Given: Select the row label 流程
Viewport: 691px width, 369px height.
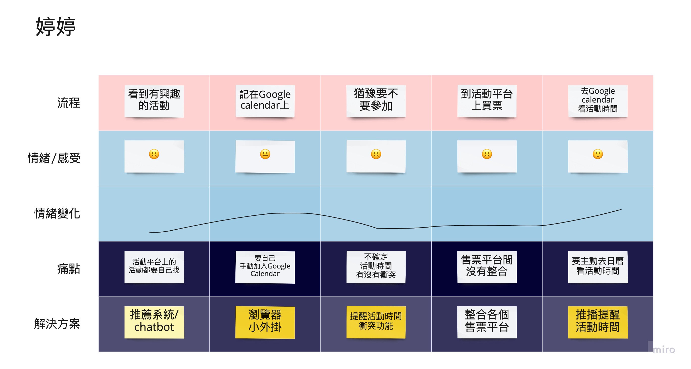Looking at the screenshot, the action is [69, 103].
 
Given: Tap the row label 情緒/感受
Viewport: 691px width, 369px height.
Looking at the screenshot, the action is [54, 158].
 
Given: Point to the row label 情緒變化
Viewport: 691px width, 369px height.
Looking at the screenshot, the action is [57, 213].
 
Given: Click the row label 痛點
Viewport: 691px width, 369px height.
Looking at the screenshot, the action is [69, 269].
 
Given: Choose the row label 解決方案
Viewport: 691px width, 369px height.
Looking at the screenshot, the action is [57, 324].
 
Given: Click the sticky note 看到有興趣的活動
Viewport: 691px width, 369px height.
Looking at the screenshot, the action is [154, 101].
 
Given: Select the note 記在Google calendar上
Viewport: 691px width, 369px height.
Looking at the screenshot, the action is [265, 101].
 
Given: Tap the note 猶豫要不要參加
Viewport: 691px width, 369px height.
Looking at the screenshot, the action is [376, 101].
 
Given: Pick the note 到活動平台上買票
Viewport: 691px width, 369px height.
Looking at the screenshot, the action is [487, 101].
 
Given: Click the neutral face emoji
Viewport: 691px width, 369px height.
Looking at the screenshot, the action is [265, 154].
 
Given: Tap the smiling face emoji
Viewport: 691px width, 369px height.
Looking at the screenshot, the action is [598, 154].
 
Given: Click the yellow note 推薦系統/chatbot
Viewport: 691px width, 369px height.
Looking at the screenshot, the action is [154, 322].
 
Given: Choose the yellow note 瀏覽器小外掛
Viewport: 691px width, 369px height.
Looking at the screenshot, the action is [265, 322].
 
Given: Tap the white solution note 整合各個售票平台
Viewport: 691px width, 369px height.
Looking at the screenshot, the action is [487, 322].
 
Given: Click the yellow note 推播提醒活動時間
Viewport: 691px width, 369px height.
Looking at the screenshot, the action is [598, 322].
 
